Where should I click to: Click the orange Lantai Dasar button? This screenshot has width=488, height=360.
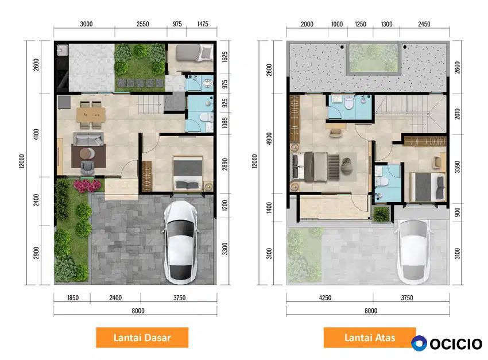142,337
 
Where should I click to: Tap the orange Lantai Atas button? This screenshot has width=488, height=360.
370,337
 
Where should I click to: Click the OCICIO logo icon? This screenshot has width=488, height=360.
419,343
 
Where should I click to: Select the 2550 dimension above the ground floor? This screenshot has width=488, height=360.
142,24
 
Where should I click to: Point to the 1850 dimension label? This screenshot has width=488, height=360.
73,298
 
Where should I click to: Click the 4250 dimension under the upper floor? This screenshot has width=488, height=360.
325,298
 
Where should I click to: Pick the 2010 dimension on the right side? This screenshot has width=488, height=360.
457,114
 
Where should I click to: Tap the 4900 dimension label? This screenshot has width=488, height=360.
269,138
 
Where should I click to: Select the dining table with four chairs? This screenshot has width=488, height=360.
91,114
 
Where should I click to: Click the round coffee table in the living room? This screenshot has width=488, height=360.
87,153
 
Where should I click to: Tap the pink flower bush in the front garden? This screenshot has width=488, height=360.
87,186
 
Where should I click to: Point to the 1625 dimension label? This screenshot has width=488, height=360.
224,57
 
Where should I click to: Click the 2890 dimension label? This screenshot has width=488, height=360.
224,164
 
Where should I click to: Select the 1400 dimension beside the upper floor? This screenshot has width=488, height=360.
269,208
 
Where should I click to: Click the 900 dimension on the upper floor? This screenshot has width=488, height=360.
457,212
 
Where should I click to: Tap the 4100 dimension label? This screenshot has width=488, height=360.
36,134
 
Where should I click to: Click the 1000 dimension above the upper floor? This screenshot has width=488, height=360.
337,24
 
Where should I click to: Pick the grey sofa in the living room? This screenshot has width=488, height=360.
88,139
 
